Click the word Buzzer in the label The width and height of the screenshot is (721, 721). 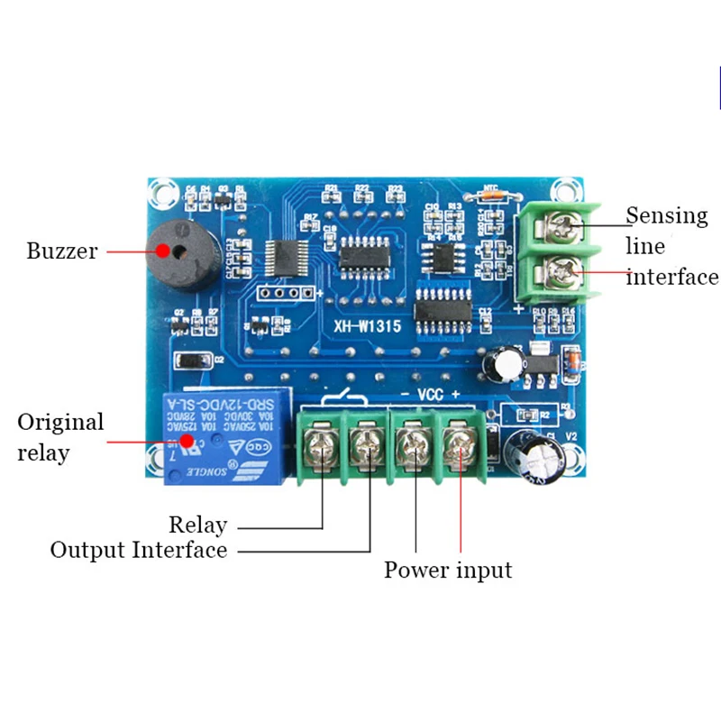point(61,251)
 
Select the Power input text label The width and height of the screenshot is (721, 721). point(448,570)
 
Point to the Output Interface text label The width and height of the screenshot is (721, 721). point(138,550)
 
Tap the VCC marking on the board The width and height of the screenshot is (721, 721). point(429,395)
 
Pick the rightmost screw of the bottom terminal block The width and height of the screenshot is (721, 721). point(459,443)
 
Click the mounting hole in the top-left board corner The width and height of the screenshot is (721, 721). point(161,190)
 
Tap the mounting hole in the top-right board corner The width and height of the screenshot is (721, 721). point(567,191)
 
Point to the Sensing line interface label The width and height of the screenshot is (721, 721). point(671,246)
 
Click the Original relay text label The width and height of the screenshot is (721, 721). point(60,436)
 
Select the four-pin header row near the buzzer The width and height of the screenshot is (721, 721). point(280,293)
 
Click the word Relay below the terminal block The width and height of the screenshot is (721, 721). point(197,525)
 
